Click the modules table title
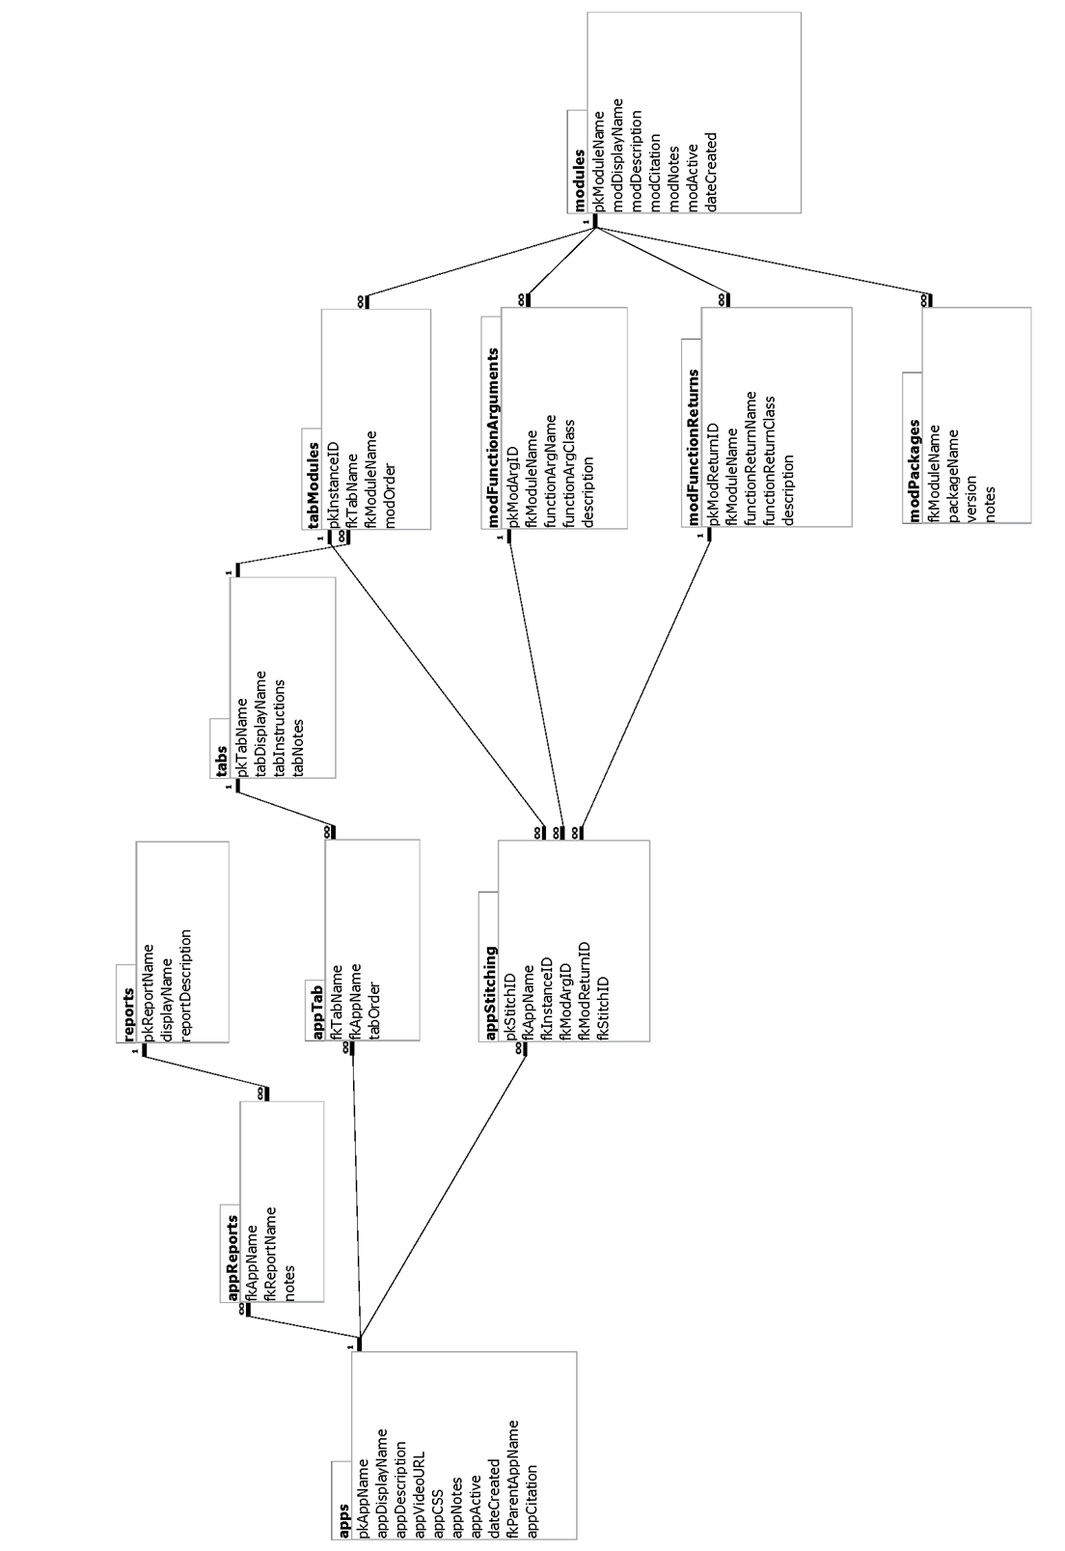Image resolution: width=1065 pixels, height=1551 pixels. click(x=579, y=180)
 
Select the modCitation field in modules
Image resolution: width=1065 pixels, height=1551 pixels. click(x=655, y=173)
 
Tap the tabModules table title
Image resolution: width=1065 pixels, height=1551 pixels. click(x=313, y=485)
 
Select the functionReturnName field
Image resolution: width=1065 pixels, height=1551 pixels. click(x=749, y=457)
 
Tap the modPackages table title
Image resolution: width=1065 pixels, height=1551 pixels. click(x=914, y=470)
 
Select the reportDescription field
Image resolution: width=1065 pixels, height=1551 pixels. click(x=186, y=983)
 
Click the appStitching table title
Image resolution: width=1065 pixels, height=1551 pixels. click(x=489, y=992)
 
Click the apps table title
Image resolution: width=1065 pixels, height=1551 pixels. click(x=342, y=1522)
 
